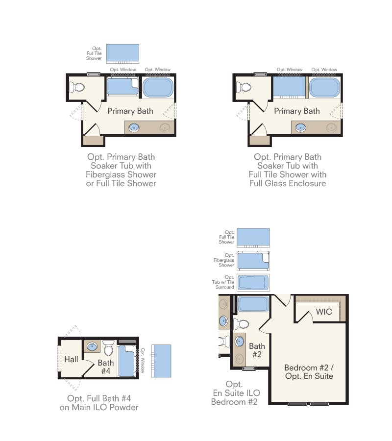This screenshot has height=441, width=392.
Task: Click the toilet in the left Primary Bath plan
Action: pyautogui.click(x=77, y=87)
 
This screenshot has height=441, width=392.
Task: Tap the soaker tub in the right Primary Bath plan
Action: pyautogui.click(x=324, y=87)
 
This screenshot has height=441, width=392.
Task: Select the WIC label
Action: pyautogui.click(x=324, y=312)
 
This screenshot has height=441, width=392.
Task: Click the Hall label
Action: pyautogui.click(x=71, y=359)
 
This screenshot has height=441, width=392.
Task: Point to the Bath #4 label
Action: pyautogui.click(x=106, y=367)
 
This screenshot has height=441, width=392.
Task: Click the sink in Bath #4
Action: pyautogui.click(x=92, y=346)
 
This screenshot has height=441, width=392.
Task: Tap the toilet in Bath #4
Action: pyautogui.click(x=108, y=348)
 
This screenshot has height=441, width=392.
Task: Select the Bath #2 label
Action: pyautogui.click(x=257, y=350)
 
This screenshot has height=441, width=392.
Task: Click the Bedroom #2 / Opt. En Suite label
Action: pyautogui.click(x=309, y=372)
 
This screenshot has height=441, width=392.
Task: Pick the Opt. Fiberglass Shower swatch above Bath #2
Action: pyautogui.click(x=253, y=261)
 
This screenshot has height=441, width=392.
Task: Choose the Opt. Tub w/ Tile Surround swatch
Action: pyautogui.click(x=253, y=282)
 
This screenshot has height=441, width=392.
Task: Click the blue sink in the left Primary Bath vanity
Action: pyautogui.click(x=134, y=128)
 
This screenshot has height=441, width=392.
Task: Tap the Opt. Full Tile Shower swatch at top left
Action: pyautogui.click(x=122, y=54)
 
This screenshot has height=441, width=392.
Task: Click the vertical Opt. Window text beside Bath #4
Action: pyautogui.click(x=143, y=360)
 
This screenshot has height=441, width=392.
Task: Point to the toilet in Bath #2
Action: pyautogui.click(x=241, y=324)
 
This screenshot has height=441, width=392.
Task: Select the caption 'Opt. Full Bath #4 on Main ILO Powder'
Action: pyautogui.click(x=99, y=403)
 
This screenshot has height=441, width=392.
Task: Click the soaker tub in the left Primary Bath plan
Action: pyautogui.click(x=158, y=87)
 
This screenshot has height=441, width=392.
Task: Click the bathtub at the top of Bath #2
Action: pyautogui.click(x=253, y=304)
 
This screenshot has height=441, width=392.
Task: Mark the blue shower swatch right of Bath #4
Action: pyautogui.click(x=161, y=361)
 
